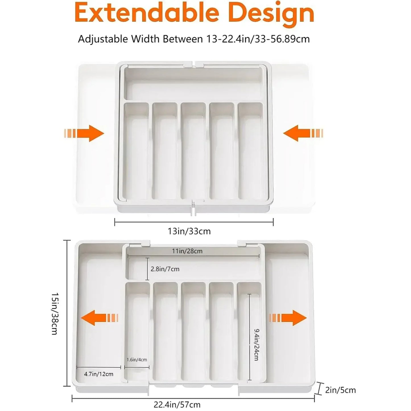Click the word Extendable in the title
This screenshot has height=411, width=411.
tap(146, 13)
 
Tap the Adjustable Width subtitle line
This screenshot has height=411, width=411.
tap(194, 39)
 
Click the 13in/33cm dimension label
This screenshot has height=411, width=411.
tap(189, 231)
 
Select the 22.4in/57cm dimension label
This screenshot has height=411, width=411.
tap(177, 404)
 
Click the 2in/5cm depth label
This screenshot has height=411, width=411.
tap(340, 390)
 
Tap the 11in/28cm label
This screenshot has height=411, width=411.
tap(187, 251)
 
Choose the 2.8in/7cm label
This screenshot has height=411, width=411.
tap(165, 269)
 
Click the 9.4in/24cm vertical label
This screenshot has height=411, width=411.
tap(256, 344)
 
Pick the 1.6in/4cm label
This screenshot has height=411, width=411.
tap(137, 360)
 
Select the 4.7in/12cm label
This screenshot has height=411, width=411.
tap(99, 374)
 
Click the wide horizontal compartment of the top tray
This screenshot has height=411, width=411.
tap(193, 84)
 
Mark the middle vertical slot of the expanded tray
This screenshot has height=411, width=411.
tap(193, 331)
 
